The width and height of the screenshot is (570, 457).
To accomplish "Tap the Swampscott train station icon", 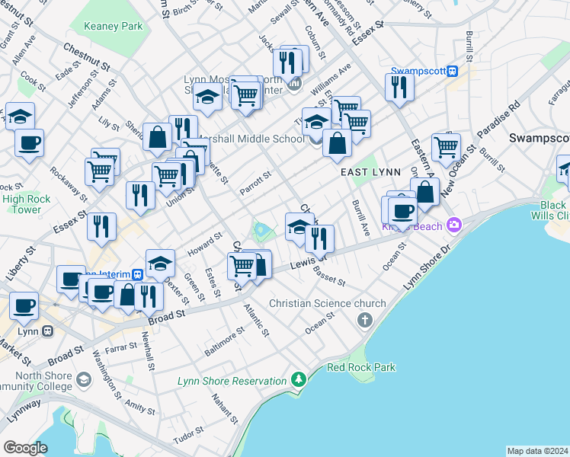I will point(452,71).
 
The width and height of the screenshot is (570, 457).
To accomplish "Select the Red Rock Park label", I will point(361,367).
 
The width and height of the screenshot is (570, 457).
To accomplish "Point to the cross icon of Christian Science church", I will point(366,319).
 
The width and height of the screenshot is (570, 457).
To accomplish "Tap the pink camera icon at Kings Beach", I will point(455,224).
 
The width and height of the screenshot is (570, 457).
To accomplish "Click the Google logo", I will point(25,448).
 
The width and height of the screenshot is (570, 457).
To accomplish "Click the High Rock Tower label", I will point(21,204).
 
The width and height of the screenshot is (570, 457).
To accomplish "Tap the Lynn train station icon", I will point(47,331).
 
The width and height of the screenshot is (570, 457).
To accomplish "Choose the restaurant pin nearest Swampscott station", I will point(399,87).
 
